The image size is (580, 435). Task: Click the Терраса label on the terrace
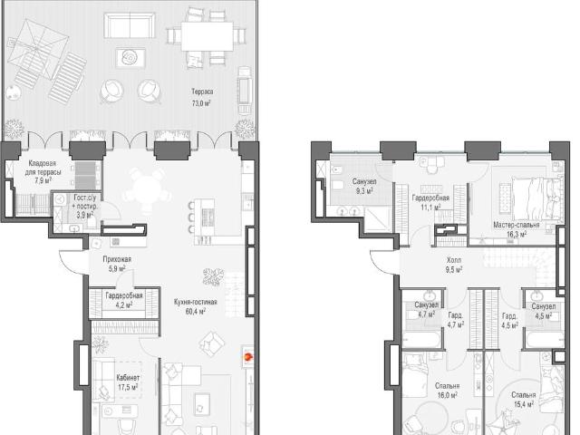pos(202,92)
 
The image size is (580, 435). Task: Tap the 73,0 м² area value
pos(201,103)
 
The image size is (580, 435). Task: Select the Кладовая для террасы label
pos(43,168)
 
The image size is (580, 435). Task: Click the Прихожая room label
pos(117,259)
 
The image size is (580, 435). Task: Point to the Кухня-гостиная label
pos(196,302)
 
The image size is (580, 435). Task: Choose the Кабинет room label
pos(128,378)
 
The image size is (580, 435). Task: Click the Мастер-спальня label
pos(517,225)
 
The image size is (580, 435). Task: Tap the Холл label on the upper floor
pos(454,260)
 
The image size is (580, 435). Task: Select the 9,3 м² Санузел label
pos(364,181)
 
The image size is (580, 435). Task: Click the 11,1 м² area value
pos(430,208)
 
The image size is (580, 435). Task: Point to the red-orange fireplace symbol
pos(247,357)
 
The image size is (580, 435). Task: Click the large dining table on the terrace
pos(207,36)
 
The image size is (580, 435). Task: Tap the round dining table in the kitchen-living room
pos(147,189)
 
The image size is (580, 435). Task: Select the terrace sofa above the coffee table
pos(130,25)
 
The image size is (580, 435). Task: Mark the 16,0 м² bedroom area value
pos(447,395)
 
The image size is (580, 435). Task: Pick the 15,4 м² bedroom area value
pos(524,404)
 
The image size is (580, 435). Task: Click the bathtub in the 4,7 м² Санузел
pos(423,340)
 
